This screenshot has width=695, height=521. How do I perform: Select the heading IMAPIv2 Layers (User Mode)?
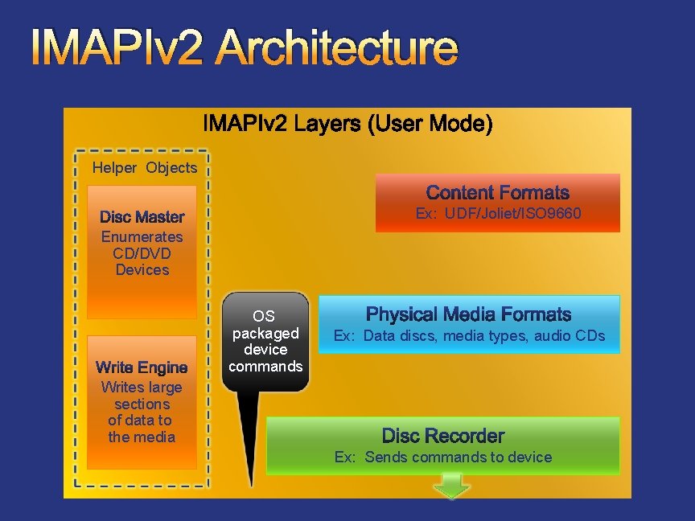coord(347,125)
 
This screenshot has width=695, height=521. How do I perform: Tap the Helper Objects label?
coord(145,168)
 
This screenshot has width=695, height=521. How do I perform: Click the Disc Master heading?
coord(142,217)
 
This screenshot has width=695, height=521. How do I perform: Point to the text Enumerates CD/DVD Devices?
coord(142,253)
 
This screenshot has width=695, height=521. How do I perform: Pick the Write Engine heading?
coord(142,367)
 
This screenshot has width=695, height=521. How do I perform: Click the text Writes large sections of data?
coord(142,412)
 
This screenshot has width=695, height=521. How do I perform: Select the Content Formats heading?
coord(497,193)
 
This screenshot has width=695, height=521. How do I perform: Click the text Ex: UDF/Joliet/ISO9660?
coord(498,213)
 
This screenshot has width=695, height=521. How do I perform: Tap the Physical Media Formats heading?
coord(468,314)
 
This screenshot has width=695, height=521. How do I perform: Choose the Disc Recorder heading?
coord(443,436)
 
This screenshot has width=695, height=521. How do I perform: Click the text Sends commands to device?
coord(459,457)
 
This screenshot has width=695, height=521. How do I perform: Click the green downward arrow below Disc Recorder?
coord(453,486)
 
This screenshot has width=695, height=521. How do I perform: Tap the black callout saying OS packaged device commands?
coord(265,342)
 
